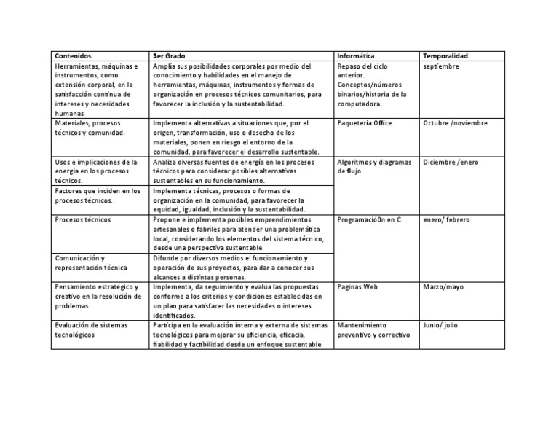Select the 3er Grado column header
(167, 56)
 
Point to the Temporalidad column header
(445, 56)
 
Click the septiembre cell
(442, 66)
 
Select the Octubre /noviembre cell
(456, 123)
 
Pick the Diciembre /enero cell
(451, 162)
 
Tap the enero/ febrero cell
(447, 219)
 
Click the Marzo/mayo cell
(443, 287)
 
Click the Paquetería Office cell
(365, 123)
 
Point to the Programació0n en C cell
(370, 219)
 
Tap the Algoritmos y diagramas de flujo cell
(374, 166)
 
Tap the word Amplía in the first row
(164, 66)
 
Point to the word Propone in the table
(168, 219)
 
